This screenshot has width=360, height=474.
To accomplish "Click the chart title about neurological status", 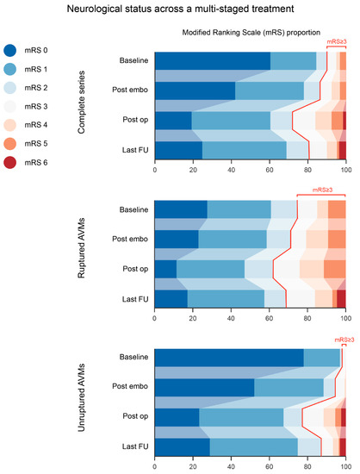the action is (180, 9).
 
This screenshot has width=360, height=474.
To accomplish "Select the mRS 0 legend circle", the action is (10, 50).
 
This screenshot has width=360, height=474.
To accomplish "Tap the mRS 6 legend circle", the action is (10, 162).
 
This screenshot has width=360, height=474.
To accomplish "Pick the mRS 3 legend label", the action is (36, 106).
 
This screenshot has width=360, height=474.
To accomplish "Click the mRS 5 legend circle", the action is (10, 144).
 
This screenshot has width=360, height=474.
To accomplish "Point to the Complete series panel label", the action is (81, 103).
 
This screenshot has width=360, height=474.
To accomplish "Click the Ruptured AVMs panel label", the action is (81, 248).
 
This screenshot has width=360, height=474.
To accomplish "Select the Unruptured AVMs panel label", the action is (81, 397).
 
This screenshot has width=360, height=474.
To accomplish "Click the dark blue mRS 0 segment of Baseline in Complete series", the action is (213, 61).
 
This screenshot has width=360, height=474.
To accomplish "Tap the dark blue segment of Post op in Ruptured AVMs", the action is (165, 269).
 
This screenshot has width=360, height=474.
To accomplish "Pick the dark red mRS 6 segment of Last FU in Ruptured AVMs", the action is (341, 299).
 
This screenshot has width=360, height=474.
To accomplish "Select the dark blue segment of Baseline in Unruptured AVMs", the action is (229, 358).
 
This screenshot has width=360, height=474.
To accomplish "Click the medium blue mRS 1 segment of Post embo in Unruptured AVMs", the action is (289, 387).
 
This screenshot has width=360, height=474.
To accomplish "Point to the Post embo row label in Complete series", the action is (130, 90).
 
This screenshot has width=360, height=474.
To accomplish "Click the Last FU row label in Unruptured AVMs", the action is (135, 446).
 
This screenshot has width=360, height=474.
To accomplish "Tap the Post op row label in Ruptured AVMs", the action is (135, 269).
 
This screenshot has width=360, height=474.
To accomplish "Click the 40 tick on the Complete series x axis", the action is (232, 170).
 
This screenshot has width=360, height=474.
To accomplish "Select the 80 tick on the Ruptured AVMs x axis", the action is (307, 318).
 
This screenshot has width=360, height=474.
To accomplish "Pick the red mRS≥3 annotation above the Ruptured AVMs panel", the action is (322, 190).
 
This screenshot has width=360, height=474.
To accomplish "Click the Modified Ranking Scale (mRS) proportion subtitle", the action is (251, 33).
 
